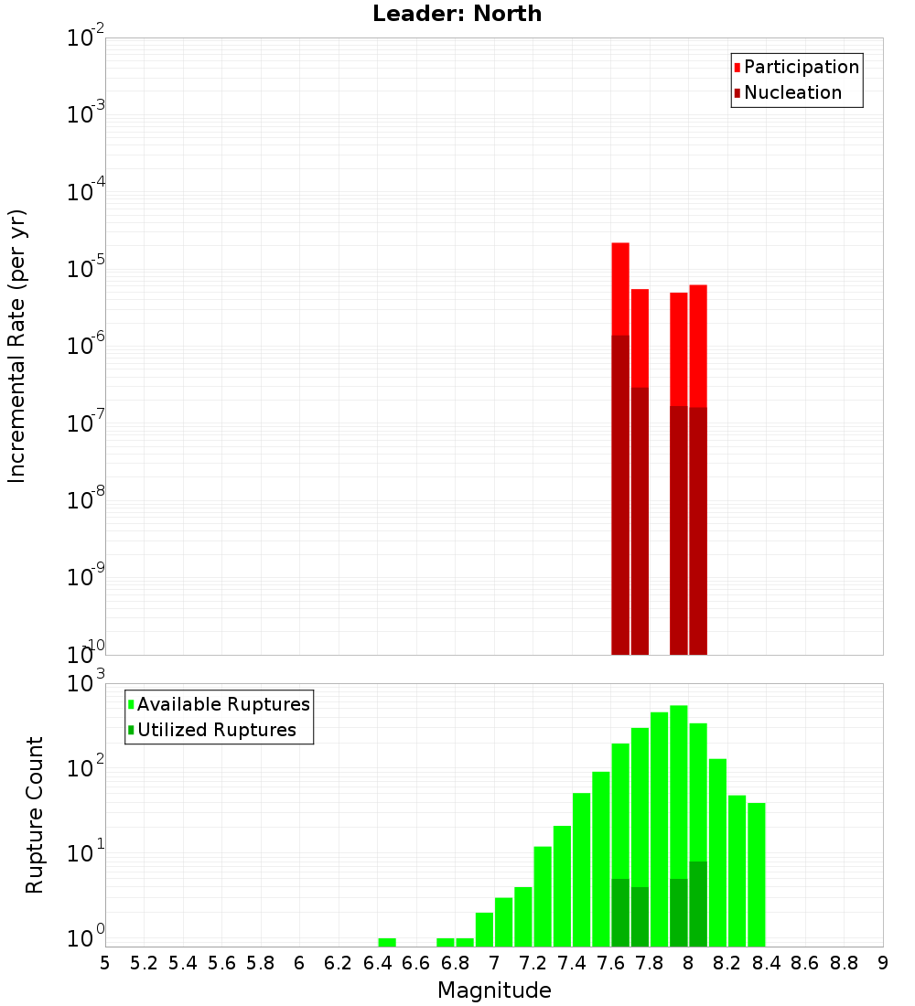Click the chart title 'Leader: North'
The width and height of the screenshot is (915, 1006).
click(x=457, y=14)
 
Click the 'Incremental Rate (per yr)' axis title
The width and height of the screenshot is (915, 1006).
click(x=17, y=346)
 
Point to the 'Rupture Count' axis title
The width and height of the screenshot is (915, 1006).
click(x=35, y=815)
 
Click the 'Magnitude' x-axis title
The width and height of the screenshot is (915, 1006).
click(x=494, y=990)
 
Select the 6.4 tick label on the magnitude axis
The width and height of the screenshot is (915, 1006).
click(x=377, y=963)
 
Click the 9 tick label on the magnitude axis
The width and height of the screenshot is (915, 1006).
click(x=883, y=963)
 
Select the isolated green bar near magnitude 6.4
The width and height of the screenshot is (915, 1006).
click(x=387, y=942)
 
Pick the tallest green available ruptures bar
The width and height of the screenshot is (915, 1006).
click(x=679, y=787)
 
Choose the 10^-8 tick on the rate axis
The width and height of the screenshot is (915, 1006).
click(x=85, y=501)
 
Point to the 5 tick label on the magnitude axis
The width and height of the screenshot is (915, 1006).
click(x=105, y=963)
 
